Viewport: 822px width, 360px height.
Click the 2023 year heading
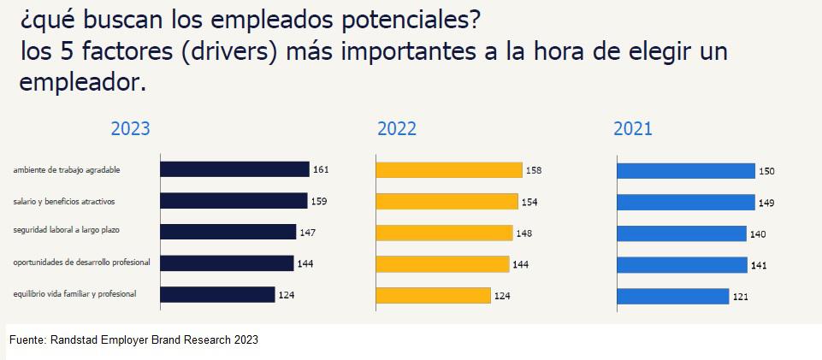click(x=130, y=129)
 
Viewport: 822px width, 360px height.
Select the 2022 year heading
click(x=397, y=129)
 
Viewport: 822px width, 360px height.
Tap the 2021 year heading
click(x=633, y=129)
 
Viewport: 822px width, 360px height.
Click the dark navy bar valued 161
click(x=234, y=169)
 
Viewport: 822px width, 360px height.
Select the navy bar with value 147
click(x=228, y=232)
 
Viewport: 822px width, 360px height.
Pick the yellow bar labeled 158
click(x=449, y=170)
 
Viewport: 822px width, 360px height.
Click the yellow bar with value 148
click(x=444, y=233)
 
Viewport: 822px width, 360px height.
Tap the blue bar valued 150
click(x=686, y=171)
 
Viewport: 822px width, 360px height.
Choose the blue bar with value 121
click(x=673, y=296)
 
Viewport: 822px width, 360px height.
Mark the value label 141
click(x=759, y=265)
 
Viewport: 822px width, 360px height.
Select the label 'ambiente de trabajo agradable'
click(x=67, y=170)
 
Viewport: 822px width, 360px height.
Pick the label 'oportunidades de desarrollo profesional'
click(x=82, y=263)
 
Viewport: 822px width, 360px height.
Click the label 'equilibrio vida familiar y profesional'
click(x=74, y=294)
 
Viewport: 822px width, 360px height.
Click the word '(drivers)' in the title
click(x=225, y=51)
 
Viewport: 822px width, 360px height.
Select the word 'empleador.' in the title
click(x=83, y=82)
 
